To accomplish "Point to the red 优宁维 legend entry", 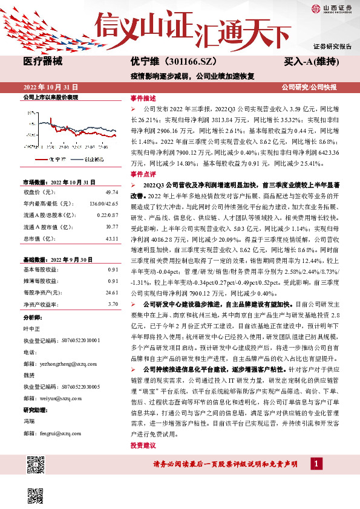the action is (x=53, y=158).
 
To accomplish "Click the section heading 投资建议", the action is (x=143, y=446).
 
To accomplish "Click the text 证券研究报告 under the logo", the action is (x=332, y=47).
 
